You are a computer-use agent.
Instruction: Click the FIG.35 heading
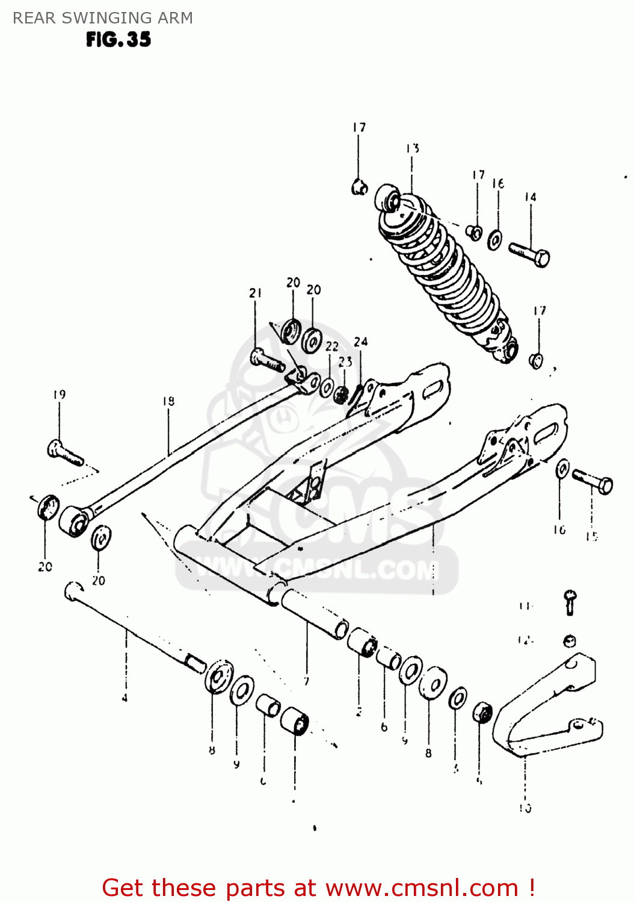tap(118, 40)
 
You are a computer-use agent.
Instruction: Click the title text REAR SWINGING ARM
tap(103, 18)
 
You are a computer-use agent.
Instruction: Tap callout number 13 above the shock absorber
tap(412, 149)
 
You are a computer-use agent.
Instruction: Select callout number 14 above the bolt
tap(530, 197)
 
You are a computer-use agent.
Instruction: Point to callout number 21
tap(256, 293)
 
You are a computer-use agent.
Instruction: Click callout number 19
tap(59, 395)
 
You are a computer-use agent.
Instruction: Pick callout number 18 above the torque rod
tap(168, 401)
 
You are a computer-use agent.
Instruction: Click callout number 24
tap(360, 342)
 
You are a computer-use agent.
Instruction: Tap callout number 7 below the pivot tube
tap(306, 681)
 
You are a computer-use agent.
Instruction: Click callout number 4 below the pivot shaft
tap(125, 698)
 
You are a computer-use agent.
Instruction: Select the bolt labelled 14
tap(530, 254)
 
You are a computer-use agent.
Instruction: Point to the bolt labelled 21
tap(266, 361)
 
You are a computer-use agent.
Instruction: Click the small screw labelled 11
tap(570, 601)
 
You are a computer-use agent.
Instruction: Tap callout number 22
tap(332, 347)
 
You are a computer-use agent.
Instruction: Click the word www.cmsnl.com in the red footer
tap(422, 888)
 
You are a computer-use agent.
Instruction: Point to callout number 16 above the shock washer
tap(498, 183)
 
